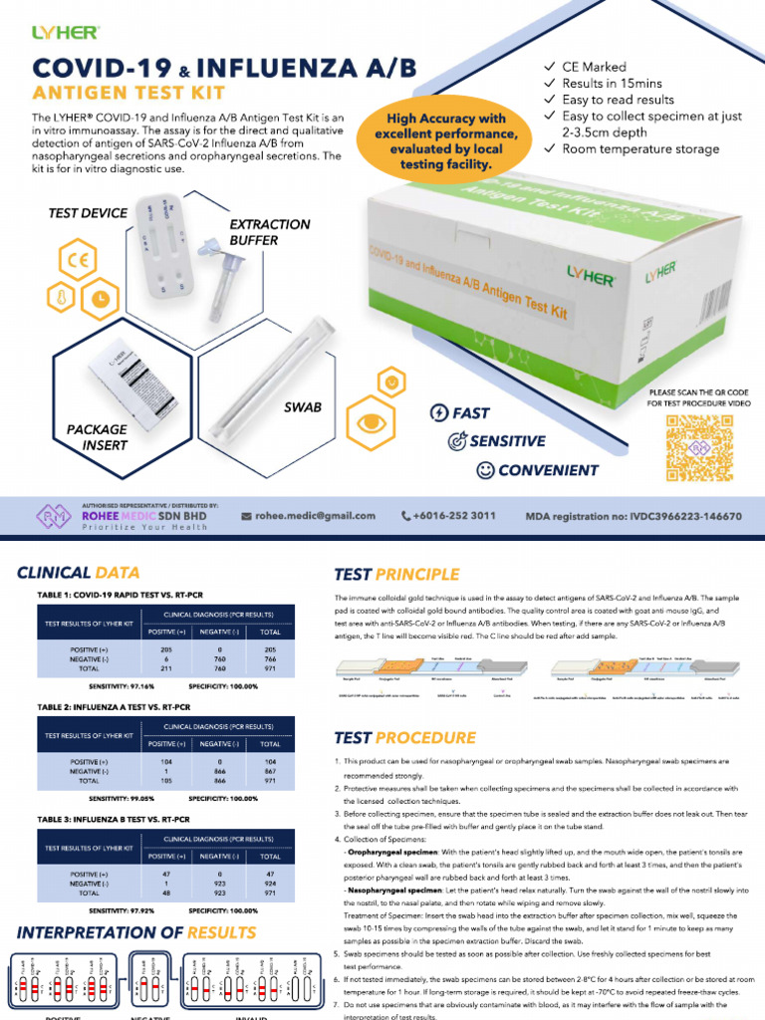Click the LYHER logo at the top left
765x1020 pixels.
coord(65,33)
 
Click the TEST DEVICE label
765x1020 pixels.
coord(88,213)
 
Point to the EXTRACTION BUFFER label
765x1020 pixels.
coord(270,232)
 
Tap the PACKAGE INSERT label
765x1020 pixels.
coord(98,437)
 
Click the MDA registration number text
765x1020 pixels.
coord(634,517)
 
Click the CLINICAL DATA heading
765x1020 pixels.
coord(79,573)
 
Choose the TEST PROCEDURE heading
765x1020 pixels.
coord(404,738)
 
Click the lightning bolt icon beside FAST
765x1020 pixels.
coord(438,412)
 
